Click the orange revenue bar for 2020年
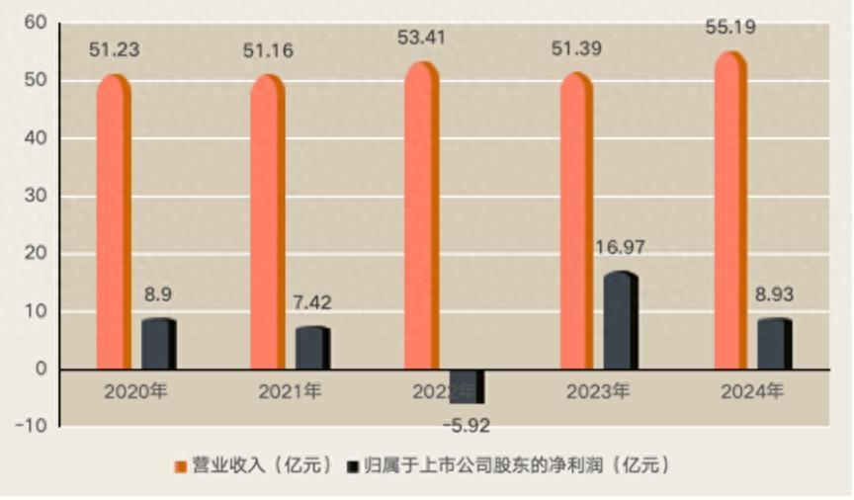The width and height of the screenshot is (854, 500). [x=113, y=222]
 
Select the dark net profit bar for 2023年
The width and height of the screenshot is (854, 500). [x=620, y=321]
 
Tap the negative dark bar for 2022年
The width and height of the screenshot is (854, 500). [x=466, y=386]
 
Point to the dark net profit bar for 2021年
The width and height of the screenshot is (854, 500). [x=312, y=348]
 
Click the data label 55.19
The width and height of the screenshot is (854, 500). [x=731, y=28]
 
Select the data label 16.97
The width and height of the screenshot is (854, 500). [x=620, y=247]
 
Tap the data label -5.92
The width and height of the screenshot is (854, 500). [x=465, y=427]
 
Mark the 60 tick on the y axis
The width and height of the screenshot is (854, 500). [x=37, y=22]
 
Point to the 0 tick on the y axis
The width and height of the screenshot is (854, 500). [x=41, y=370]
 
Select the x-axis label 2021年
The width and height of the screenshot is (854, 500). [x=290, y=392]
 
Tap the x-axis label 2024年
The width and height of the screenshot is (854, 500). [x=752, y=392]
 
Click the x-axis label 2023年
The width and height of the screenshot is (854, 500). [x=598, y=392]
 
